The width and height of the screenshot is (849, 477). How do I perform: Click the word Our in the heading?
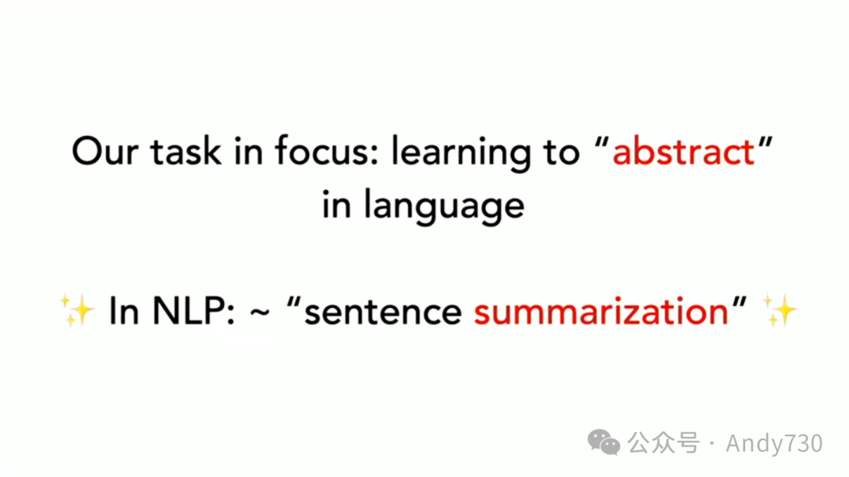(105, 151)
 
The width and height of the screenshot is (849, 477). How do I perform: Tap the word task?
(186, 151)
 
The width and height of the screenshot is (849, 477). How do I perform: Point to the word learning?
(461, 153)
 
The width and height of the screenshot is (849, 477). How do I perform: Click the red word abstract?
(683, 151)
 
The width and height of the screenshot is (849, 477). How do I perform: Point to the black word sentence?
(383, 313)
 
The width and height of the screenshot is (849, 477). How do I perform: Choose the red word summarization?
(601, 312)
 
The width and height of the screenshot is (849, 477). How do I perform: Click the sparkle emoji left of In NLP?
(76, 310)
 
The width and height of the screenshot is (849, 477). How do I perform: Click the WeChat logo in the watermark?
(604, 442)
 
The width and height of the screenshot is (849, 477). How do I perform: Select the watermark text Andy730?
(774, 443)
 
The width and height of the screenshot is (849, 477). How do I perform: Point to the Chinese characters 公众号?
(663, 443)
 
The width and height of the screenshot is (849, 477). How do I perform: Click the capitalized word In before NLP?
(124, 311)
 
